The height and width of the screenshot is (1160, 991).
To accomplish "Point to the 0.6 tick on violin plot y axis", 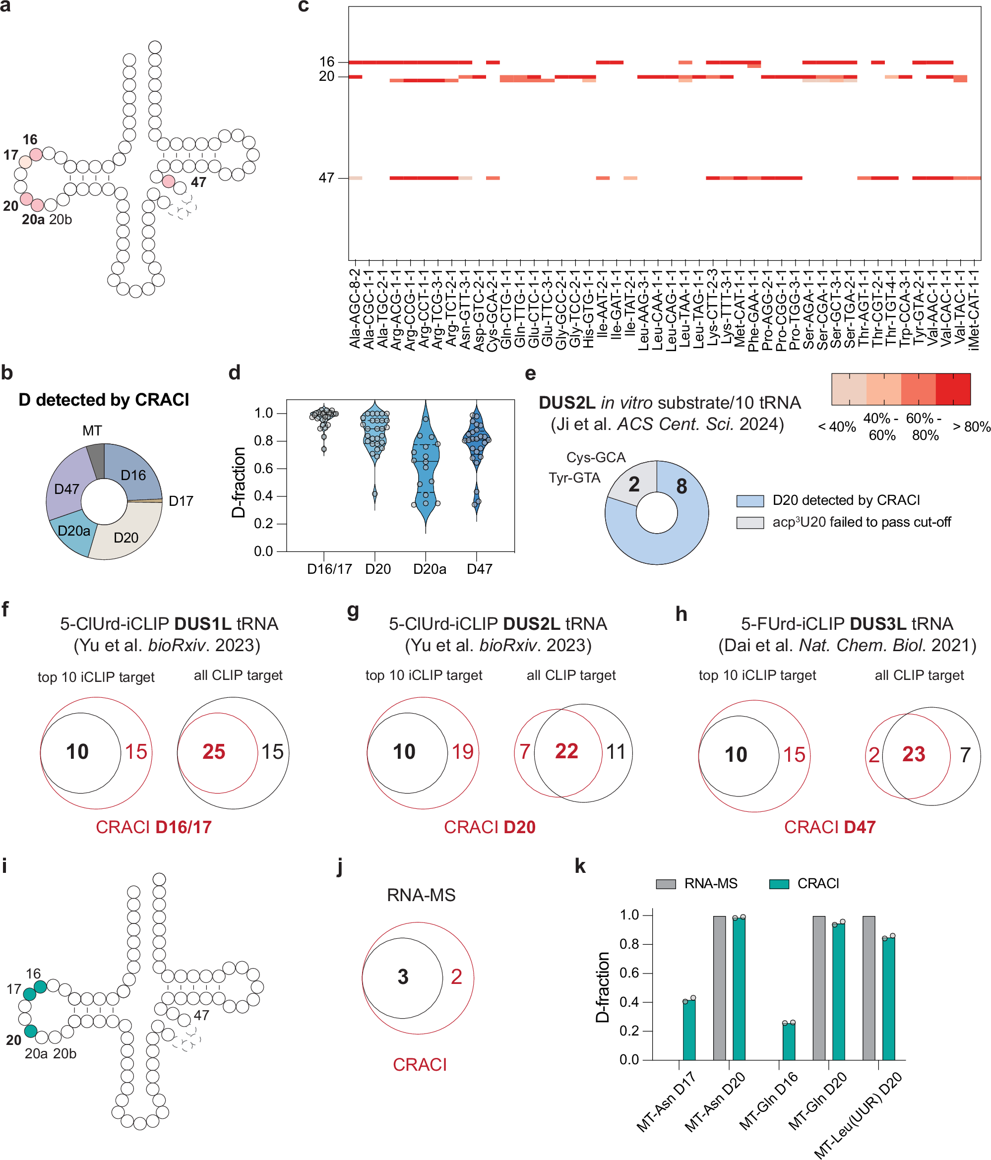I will [x=263, y=468].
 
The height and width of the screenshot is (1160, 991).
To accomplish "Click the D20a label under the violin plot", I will [x=430, y=569].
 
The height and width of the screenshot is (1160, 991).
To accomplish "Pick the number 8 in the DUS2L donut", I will [x=681, y=486].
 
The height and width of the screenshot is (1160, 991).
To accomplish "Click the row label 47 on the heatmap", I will [x=326, y=178].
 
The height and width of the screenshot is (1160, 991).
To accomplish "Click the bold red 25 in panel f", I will [x=214, y=751].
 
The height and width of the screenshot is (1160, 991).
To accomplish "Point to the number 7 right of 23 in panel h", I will [x=965, y=755].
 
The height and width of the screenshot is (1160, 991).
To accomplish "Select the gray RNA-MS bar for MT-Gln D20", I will [x=818, y=987].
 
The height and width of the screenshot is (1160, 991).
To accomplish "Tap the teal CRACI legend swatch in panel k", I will [x=779, y=884].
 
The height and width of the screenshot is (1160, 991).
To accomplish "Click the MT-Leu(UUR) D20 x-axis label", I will [x=858, y=1114].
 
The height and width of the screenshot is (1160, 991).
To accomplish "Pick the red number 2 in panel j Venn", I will [x=456, y=977].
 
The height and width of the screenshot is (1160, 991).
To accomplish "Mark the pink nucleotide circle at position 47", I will [x=169, y=182].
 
